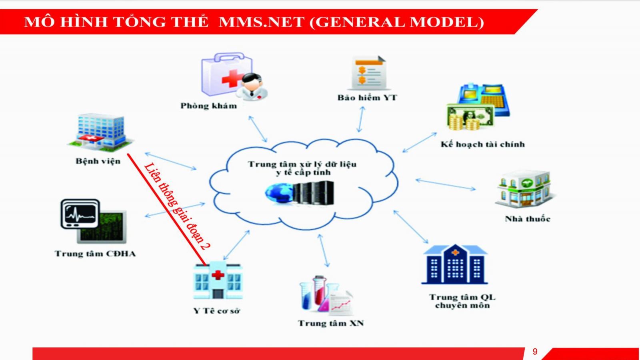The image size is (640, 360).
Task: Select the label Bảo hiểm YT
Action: pos(367,98)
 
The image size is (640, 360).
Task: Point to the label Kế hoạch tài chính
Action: pos(482,144)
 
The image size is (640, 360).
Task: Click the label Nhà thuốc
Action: pos(527,219)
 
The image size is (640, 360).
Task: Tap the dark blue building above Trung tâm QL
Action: pos(455,264)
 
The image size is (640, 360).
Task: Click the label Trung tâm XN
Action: pos(330,323)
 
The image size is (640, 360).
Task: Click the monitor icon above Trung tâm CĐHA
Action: pos(93,221)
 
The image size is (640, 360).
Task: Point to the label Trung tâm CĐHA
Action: pos(95,254)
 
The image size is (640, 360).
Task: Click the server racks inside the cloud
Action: pos(314,193)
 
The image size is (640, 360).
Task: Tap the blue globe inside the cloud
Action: pos(279,194)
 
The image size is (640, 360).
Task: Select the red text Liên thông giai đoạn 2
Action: pos(177,206)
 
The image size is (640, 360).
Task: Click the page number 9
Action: pos(535,352)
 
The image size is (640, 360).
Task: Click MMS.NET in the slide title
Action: pos(262,22)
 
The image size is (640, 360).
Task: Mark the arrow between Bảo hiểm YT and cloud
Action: pos(361,119)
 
